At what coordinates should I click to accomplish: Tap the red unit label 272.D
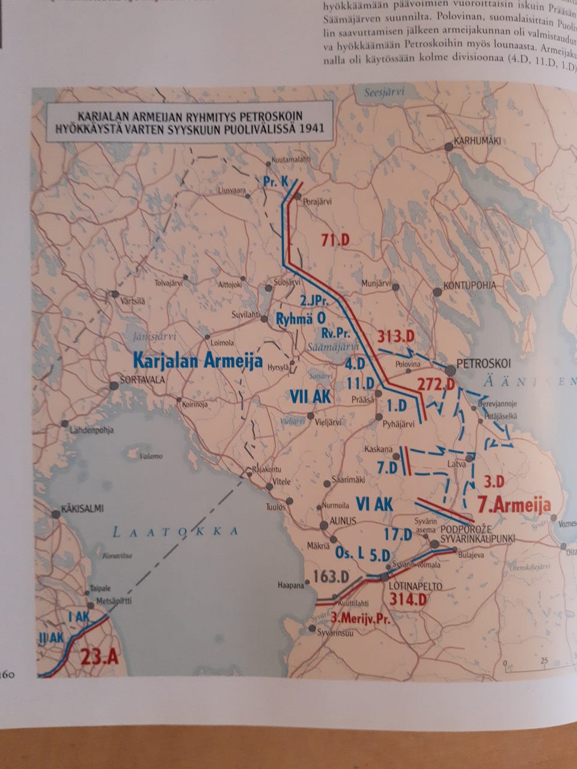click(x=435, y=384)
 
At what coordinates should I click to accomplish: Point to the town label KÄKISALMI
click(x=82, y=509)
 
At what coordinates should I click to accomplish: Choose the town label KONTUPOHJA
click(x=469, y=285)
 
